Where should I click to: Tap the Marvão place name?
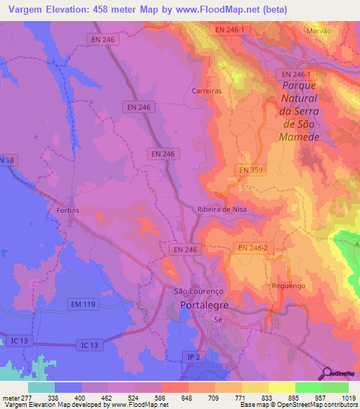coord(319,32)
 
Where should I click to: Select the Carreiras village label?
coord(207,91)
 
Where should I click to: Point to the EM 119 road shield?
coord(84,304)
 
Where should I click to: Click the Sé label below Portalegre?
coord(218,319)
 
